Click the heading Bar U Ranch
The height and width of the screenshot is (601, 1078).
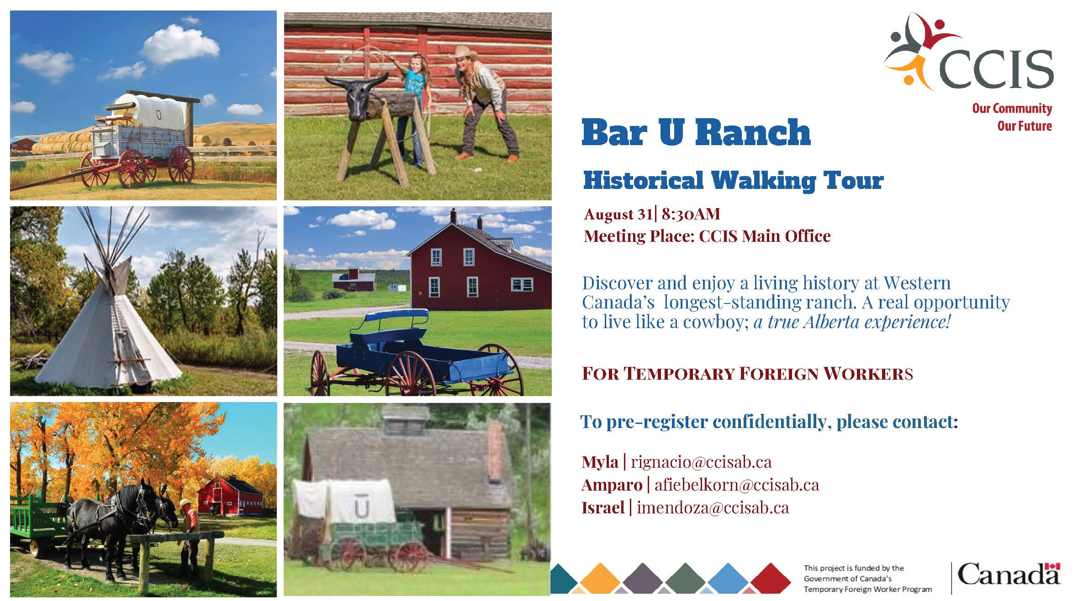(696, 132)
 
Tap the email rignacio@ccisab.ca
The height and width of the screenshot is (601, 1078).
(701, 462)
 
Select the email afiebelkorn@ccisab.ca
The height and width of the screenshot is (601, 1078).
(736, 485)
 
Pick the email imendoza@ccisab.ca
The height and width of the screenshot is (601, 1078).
(713, 508)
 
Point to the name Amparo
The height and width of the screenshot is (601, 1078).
(612, 485)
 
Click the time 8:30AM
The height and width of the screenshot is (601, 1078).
(691, 214)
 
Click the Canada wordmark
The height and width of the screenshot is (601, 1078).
(1008, 574)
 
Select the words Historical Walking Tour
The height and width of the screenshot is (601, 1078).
(733, 181)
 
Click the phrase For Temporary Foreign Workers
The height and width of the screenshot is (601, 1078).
(747, 374)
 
